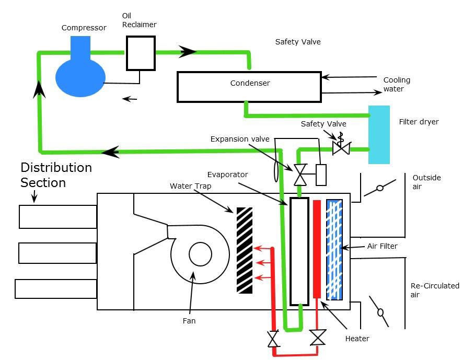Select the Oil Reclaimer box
click(141, 53)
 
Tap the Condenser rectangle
click(249, 87)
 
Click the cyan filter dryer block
click(379, 135)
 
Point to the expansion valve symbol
click(300, 174)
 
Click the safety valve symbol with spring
click(341, 146)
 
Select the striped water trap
click(245, 250)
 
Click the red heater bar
click(317, 249)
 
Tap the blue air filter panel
click(334, 249)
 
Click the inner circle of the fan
click(200, 255)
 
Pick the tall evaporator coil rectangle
click(299, 251)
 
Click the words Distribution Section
click(56, 175)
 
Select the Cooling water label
click(397, 85)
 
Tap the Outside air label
click(426, 182)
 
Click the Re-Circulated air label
click(435, 290)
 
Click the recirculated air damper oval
click(380, 312)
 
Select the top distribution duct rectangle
click(58, 217)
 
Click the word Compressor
click(84, 28)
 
